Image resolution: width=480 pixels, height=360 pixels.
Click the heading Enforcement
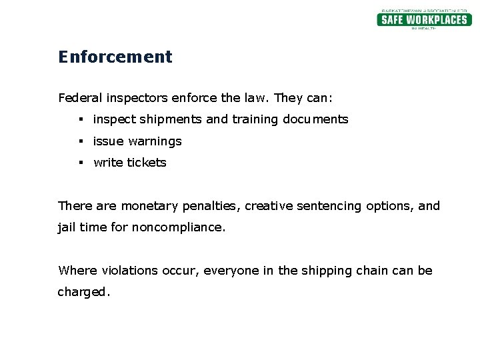click(115, 57)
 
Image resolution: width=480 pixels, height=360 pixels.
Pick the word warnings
click(155, 141)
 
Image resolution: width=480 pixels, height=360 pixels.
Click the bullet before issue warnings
click(79, 141)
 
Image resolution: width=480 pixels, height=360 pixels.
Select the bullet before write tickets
click(79, 163)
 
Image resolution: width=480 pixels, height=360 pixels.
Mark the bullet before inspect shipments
click(79, 119)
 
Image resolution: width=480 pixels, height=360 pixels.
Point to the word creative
click(269, 206)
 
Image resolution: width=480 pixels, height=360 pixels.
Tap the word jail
click(67, 227)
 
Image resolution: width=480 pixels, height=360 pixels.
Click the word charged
click(83, 292)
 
